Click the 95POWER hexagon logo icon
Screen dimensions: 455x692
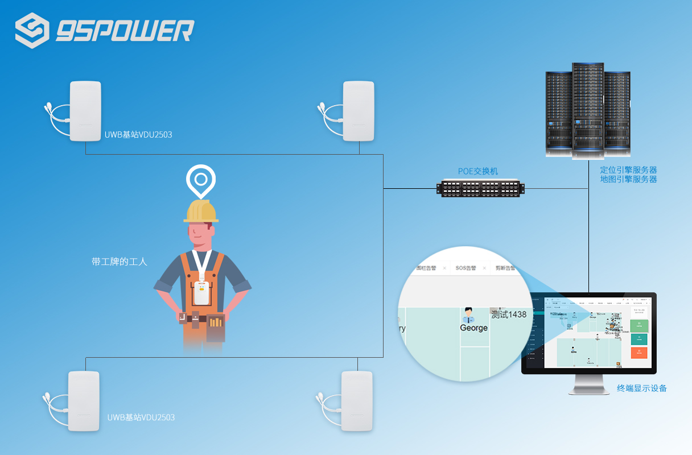coord(32,30)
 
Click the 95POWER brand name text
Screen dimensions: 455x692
coord(125,31)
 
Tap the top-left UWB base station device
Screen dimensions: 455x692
coord(85,111)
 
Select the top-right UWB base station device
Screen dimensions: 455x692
coord(359,111)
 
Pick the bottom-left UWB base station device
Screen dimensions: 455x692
coord(84,401)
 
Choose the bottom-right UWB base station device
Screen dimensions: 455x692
coord(357,401)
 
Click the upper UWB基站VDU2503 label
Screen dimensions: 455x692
coord(138,135)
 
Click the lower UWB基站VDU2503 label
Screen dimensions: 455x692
coord(141,417)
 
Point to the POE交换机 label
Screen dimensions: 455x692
coord(478,171)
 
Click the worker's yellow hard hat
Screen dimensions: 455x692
coord(201,212)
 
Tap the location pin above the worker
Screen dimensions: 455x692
coord(200,180)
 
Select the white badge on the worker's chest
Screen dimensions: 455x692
coord(200,292)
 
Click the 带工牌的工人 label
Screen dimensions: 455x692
coord(120,262)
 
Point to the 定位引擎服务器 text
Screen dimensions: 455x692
coord(628,169)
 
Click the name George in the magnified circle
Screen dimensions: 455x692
coord(473,328)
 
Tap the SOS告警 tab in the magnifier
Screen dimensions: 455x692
coord(466,267)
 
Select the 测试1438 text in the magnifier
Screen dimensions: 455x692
coord(509,314)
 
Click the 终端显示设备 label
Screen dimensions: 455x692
coord(642,388)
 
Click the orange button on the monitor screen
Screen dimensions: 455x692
coord(639,353)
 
